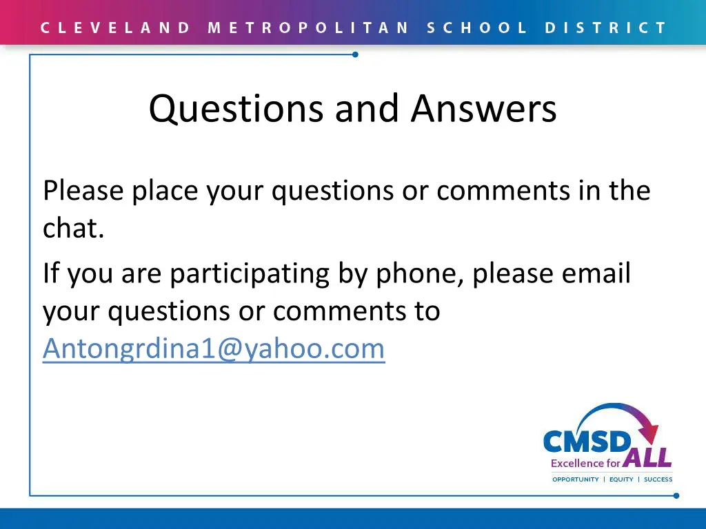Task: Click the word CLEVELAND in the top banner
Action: coord(115,28)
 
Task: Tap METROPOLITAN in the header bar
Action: coord(308,28)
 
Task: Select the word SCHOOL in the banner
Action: coord(477,28)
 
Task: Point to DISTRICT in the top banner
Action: coord(605,28)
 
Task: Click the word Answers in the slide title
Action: coord(484,109)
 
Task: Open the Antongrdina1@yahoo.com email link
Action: coord(214,349)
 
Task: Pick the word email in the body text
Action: coord(596,274)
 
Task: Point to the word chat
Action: coord(73,229)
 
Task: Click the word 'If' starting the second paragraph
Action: coord(51,273)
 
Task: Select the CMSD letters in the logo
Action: coord(587,442)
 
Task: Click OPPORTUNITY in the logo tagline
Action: coord(576,479)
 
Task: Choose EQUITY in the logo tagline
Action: coord(621,479)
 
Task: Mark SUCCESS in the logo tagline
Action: coord(658,479)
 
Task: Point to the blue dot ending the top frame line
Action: coord(355,54)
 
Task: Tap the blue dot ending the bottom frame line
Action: coord(676,495)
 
